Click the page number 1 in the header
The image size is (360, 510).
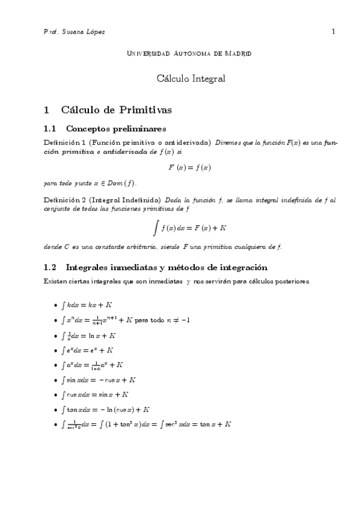tap(332, 31)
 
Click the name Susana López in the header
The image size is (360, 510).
tap(84, 31)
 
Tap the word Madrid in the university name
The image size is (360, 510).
tap(237, 54)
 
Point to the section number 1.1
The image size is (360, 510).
tap(50, 128)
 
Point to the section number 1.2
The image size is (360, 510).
tap(50, 267)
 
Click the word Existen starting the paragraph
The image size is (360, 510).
tap(56, 281)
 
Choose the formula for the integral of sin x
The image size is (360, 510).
tap(99, 380)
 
